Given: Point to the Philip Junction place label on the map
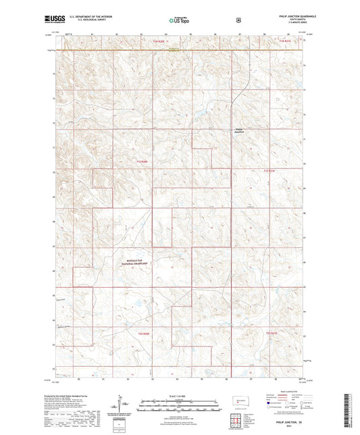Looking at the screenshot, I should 240,130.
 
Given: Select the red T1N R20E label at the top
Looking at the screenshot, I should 155,42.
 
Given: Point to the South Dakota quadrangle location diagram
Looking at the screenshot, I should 238,401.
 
